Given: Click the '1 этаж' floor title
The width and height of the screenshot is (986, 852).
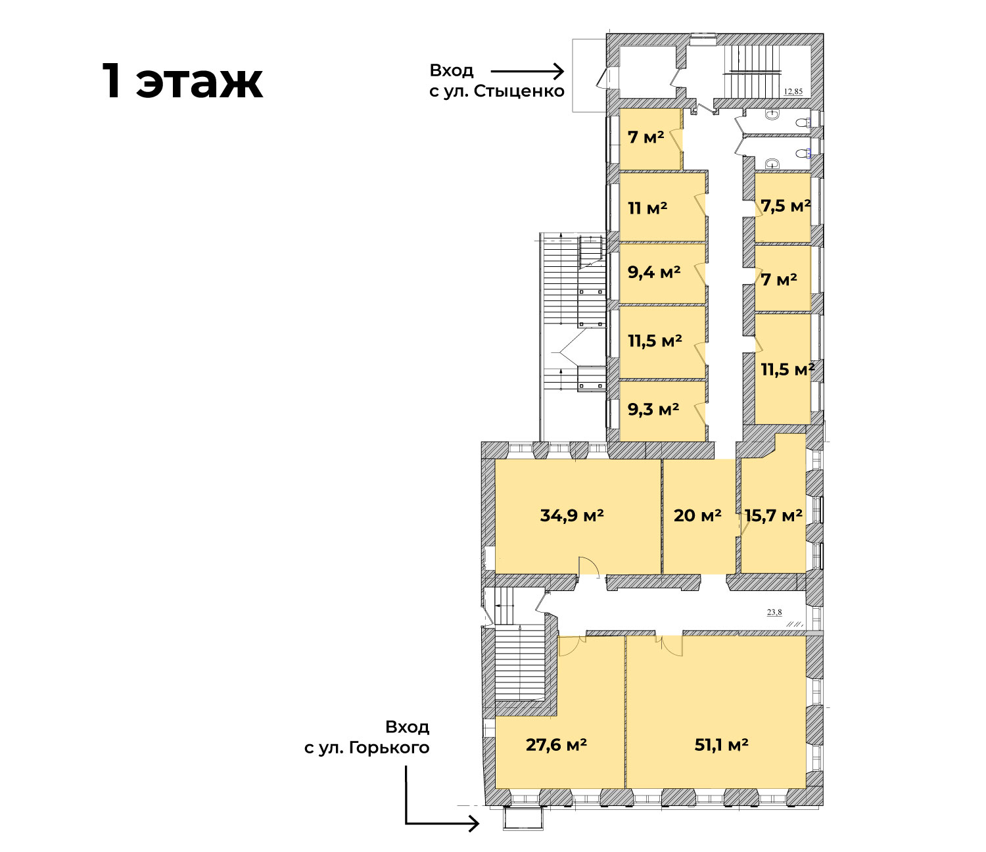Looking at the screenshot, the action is click(x=183, y=81).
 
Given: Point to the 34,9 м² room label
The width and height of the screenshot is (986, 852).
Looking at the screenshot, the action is click(x=572, y=515).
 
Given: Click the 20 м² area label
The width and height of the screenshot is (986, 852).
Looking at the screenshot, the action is click(x=697, y=515).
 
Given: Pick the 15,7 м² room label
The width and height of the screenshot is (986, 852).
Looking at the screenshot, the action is click(x=773, y=515).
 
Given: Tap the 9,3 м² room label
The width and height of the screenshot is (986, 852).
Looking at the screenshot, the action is click(x=653, y=409).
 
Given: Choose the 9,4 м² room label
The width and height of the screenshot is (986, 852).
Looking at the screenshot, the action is click(x=654, y=272).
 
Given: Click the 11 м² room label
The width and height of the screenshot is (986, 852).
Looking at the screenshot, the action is click(x=647, y=208).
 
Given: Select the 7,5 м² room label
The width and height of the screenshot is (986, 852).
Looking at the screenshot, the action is click(x=786, y=206).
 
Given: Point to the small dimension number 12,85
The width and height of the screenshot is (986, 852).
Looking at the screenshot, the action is click(x=793, y=91).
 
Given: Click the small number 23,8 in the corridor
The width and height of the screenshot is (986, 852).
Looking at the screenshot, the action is click(x=774, y=612).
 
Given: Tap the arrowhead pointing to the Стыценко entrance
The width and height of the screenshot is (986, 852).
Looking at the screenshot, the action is click(x=559, y=72).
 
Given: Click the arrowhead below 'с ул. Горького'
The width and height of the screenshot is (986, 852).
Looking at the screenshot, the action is click(x=474, y=823).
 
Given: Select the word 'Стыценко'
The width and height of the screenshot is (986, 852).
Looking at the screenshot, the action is click(x=519, y=91).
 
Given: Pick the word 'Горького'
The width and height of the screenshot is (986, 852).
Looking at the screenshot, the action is click(x=389, y=747).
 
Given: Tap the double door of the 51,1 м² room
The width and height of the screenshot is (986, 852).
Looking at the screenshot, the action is click(x=669, y=645).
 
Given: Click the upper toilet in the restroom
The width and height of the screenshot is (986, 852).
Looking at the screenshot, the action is click(x=803, y=122).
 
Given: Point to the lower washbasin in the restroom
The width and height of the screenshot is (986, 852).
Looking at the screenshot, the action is click(x=771, y=164).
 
